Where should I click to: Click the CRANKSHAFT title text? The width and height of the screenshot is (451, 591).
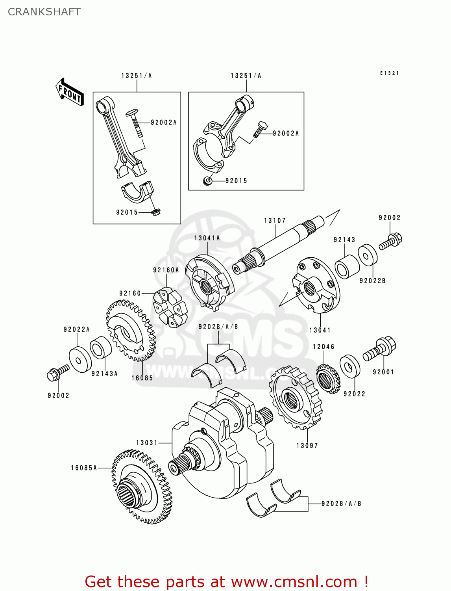point(44,12)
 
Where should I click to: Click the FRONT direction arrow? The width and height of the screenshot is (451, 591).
point(70,93)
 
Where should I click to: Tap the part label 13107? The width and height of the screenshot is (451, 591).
point(275,221)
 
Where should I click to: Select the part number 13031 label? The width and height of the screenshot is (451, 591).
point(147,443)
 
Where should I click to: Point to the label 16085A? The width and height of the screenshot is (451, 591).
point(84,468)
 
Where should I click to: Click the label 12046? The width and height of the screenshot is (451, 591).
point(323,347)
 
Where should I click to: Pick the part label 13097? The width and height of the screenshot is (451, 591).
point(307,446)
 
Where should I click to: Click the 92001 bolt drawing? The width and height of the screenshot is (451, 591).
point(379,349)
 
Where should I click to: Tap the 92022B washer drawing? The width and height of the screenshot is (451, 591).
point(367,255)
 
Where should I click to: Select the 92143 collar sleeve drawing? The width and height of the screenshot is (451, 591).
point(347,267)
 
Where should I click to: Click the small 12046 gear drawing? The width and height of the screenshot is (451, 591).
point(328,379)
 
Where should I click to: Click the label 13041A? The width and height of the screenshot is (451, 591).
point(207,238)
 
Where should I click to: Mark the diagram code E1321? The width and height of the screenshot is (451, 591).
point(389,73)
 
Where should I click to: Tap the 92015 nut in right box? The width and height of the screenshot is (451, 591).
point(207,181)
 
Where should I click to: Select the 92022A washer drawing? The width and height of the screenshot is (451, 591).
point(80,359)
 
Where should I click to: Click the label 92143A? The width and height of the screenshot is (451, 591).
point(104,374)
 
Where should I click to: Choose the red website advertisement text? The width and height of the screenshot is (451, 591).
point(226,582)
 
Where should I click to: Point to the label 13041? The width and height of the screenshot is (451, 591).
point(320,330)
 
